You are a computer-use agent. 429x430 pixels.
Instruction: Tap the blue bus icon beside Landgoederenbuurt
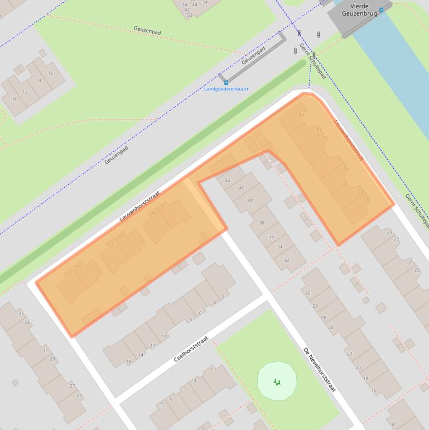226,82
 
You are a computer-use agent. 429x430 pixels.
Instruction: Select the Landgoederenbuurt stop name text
226,89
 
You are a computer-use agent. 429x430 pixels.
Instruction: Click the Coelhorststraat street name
191,347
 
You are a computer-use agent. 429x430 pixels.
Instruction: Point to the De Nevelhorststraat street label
320,369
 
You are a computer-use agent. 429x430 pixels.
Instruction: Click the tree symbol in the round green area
277,382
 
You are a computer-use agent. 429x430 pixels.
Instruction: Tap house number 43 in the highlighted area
302,115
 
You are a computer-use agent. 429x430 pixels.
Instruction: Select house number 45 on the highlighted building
220,161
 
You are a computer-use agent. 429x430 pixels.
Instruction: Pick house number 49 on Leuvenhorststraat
153,213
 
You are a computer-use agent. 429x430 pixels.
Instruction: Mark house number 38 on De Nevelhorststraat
262,222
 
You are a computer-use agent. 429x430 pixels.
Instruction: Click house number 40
250,200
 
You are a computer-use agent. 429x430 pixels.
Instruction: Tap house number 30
307,293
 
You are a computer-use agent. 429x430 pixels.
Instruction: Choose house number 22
350,354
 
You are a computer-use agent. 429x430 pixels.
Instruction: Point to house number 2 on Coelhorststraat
223,297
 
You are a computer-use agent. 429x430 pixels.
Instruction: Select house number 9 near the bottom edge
163,403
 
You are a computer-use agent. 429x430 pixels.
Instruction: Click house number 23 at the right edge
417,270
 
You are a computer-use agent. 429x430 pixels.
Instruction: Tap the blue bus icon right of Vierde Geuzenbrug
382,9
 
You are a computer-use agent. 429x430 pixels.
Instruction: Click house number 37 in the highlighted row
339,160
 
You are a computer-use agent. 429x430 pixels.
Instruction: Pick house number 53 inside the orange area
109,245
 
